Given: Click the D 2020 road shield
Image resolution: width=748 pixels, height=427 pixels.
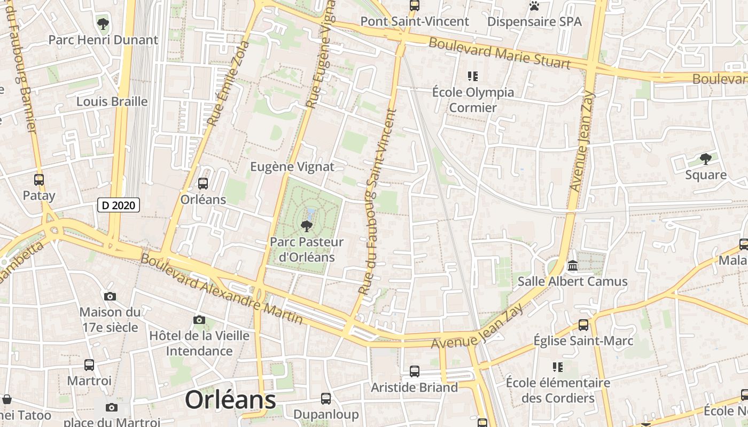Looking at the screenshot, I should click(x=119, y=204).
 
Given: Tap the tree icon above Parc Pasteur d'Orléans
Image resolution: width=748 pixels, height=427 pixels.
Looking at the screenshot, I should click(x=307, y=226).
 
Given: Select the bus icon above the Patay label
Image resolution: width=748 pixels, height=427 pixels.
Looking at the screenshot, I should click(x=39, y=180).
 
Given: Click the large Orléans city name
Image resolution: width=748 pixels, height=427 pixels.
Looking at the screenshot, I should click(x=230, y=400).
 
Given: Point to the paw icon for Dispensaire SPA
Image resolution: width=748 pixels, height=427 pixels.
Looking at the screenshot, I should click(x=534, y=6).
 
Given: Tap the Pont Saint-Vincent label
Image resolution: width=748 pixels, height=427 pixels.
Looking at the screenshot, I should click(x=415, y=21).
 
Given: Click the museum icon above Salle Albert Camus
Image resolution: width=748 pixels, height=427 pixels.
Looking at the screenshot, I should click(x=573, y=265).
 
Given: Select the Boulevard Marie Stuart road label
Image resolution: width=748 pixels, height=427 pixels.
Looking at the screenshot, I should click(x=500, y=53).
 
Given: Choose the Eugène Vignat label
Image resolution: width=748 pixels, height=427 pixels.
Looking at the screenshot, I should click(x=292, y=167).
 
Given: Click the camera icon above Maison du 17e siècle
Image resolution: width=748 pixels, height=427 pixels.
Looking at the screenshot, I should click(x=110, y=296).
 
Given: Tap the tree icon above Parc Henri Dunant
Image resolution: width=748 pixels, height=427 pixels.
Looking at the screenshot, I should click(x=103, y=23).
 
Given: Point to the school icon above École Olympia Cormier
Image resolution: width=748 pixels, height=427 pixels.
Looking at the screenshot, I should click(x=473, y=76).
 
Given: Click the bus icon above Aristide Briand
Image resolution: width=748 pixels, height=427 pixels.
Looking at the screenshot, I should click(x=415, y=371).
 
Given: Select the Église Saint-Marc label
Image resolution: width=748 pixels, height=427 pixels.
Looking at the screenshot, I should click(x=583, y=341).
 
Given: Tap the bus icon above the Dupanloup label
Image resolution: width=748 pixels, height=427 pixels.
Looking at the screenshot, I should click(x=326, y=398).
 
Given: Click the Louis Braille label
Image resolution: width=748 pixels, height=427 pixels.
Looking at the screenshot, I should click(x=112, y=101).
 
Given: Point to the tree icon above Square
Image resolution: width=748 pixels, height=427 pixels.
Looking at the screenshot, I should click(x=706, y=159).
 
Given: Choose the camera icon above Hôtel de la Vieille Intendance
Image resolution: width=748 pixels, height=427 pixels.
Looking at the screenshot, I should click(x=199, y=320).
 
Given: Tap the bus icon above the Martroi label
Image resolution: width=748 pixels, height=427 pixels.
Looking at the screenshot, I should click(x=89, y=365).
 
